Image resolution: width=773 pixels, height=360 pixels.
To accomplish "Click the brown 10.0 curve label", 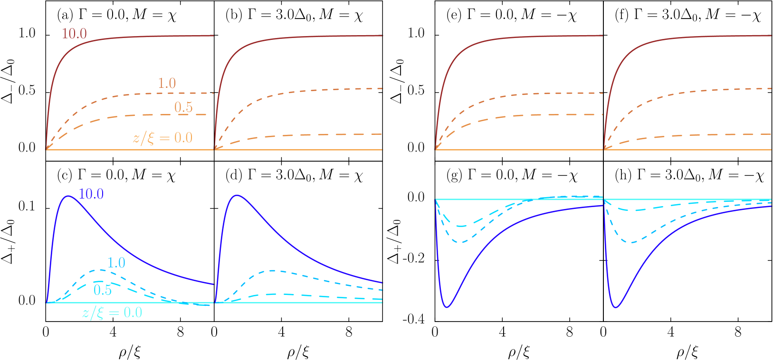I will pos(74,34).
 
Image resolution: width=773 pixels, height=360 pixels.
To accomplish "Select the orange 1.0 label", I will pos(167,84).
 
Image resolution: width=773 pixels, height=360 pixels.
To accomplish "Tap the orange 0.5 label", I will pos(183,107).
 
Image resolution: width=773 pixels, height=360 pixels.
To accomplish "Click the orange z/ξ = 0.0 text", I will pos(162,138).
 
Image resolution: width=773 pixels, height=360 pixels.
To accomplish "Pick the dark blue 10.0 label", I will pos(91,194).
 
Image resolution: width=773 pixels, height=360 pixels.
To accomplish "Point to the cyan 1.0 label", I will pos(116,263).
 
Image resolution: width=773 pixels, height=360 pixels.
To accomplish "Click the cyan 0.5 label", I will pos(103,290).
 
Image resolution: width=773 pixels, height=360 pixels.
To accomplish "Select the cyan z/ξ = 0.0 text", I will pos(112,313).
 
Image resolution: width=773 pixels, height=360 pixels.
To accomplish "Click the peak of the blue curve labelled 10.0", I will pos(68,196).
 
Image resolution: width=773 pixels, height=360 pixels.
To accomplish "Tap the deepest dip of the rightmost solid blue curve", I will pos(616,308).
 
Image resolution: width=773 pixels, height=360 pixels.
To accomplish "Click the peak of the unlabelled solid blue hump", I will pos(237,195).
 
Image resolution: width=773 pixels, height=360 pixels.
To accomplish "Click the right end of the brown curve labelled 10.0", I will pos(213,36).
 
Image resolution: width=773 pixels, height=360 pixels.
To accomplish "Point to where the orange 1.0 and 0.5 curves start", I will pos(47,149).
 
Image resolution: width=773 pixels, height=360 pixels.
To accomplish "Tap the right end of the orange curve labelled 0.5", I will pos(206,114).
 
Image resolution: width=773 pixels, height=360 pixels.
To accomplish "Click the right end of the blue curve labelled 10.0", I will pos(213,284).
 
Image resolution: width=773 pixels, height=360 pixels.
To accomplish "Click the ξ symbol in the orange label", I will pos(151,139).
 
